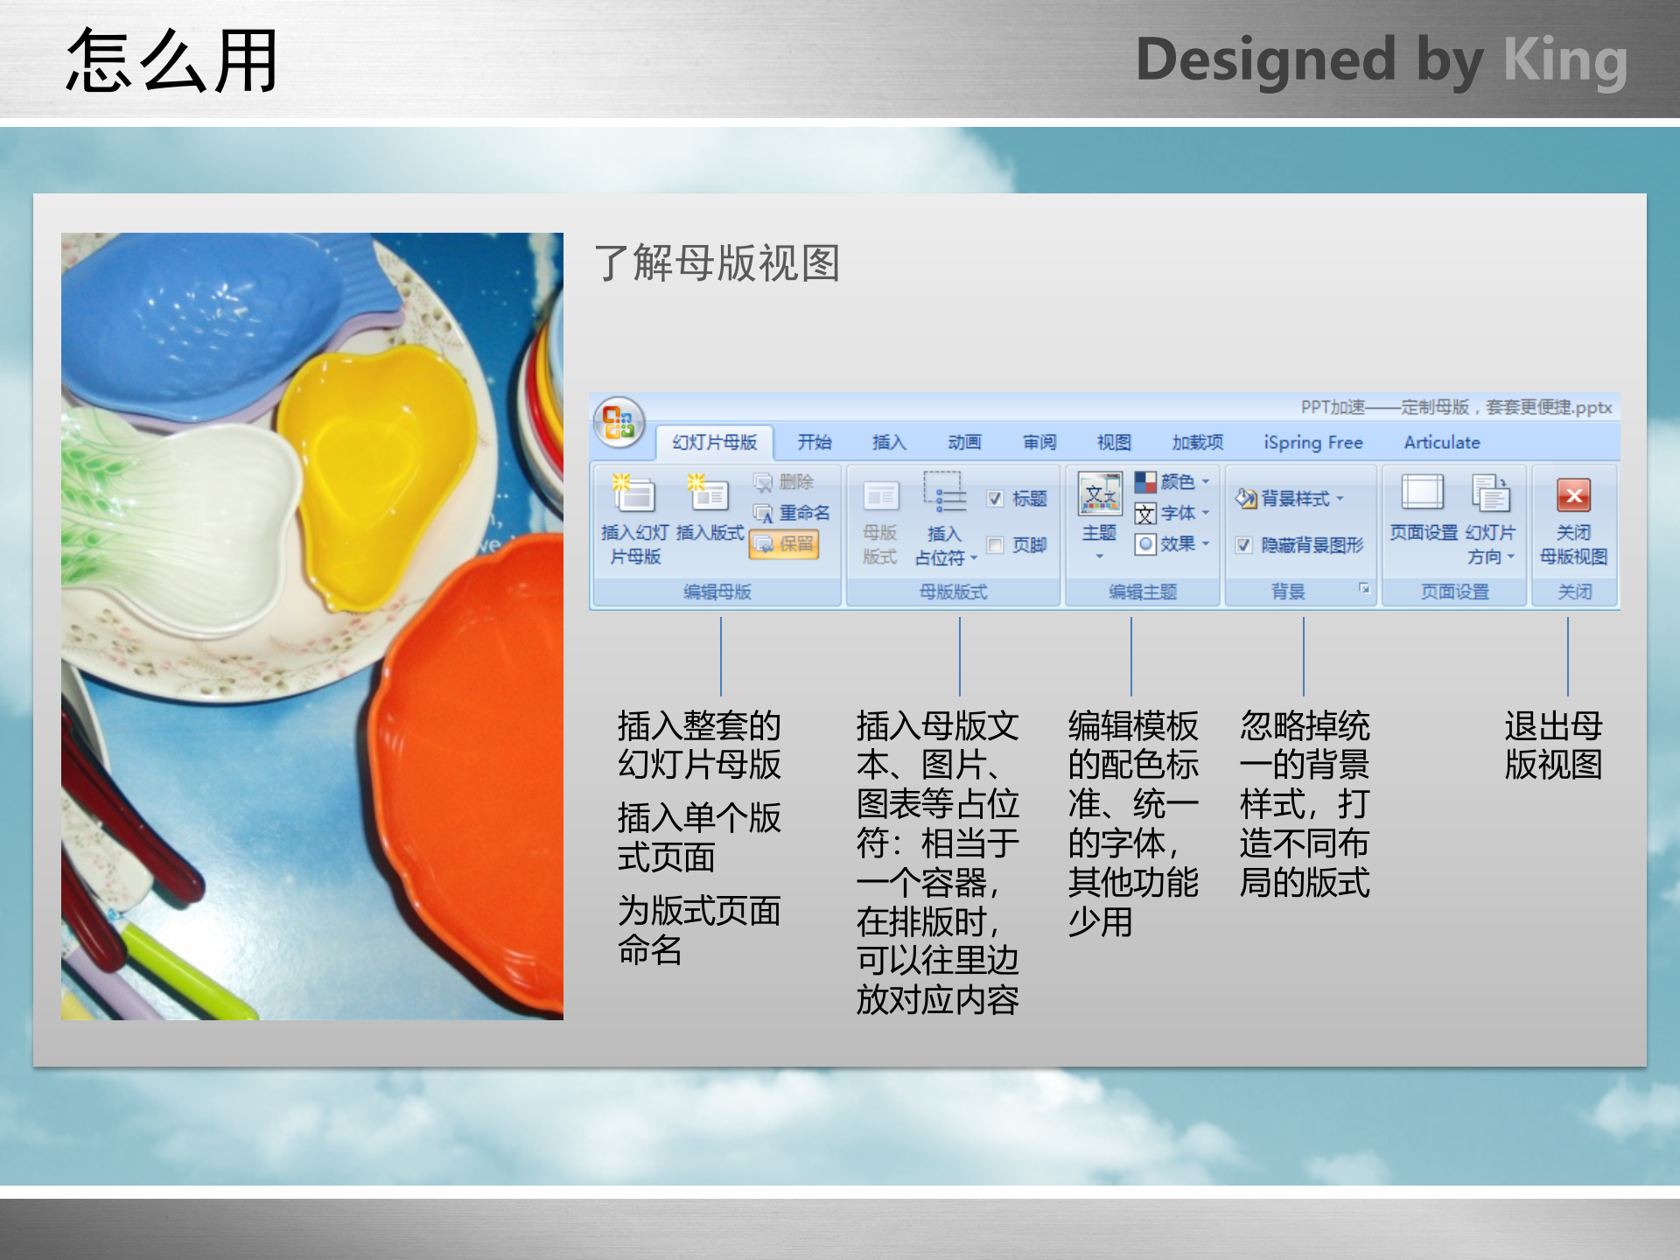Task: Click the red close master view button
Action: point(1573,497)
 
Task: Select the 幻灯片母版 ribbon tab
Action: point(714,443)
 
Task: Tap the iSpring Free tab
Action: point(1312,443)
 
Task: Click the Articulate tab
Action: point(1441,443)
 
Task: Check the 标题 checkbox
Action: point(995,499)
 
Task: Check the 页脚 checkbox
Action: point(995,545)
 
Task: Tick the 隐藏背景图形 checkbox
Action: point(1243,545)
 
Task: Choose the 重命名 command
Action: point(792,513)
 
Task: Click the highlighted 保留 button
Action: point(784,544)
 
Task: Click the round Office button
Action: point(619,423)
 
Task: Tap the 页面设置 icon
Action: point(1423,494)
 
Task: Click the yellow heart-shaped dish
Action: point(376,472)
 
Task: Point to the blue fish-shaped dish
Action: point(201,324)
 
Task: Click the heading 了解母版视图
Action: point(717,262)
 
